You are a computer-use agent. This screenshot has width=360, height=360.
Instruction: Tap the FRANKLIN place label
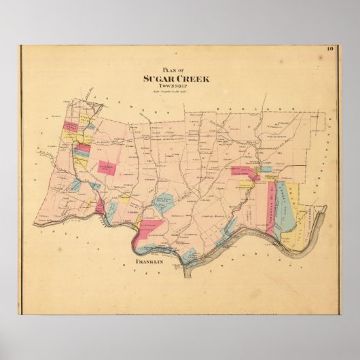[x=150, y=262]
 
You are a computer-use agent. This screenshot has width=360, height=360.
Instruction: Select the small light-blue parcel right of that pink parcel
[x=266, y=169]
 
